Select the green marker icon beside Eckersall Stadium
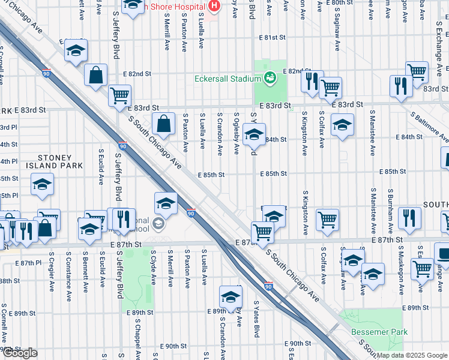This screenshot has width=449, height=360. [270, 77]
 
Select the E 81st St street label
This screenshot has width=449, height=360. [271, 37]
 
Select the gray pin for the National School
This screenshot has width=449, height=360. [158, 224]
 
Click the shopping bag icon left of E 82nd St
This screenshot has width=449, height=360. [95, 75]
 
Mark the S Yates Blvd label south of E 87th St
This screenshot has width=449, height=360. [256, 319]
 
